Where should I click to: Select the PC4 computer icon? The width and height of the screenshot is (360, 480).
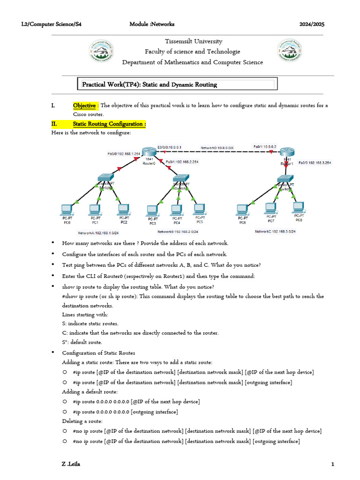coord(176,209)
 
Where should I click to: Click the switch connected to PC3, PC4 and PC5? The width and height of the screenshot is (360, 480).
coord(180,178)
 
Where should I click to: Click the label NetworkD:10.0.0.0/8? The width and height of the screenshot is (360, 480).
coord(217,148)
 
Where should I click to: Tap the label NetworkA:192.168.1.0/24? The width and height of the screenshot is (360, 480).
coord(99,232)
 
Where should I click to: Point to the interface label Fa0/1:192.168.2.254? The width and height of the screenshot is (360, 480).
coord(182,162)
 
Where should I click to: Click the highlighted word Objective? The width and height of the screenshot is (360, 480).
coord(84,105)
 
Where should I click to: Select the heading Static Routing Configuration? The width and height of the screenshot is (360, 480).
coord(109,124)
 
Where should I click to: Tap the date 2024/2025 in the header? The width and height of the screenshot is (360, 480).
coord(312,24)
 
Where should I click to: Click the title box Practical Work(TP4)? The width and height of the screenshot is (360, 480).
coord(177,84)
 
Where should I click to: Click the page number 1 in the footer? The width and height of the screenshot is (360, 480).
coord(332,464)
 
